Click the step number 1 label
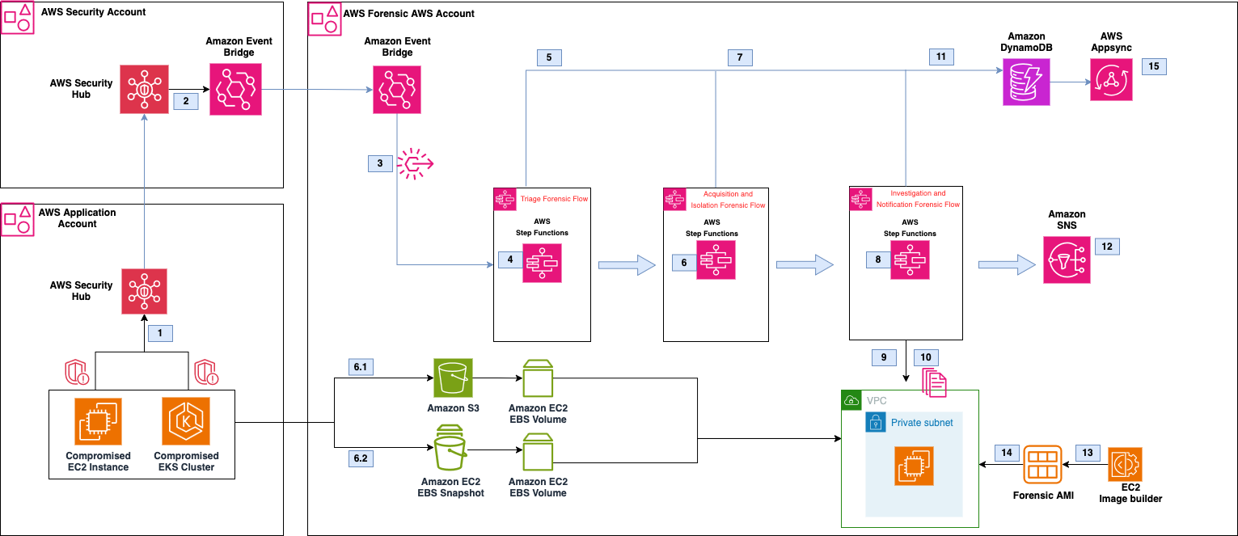click(x=160, y=332)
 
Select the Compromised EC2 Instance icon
click(x=98, y=421)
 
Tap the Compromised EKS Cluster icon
click(x=185, y=421)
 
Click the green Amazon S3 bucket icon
click(x=453, y=378)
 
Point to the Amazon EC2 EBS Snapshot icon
click(x=453, y=447)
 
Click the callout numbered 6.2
click(x=360, y=458)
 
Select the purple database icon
click(x=1026, y=82)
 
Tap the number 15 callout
click(x=1154, y=66)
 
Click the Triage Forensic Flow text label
click(x=554, y=199)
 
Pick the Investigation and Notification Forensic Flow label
click(x=918, y=200)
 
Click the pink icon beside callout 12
click(x=1067, y=260)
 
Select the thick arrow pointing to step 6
click(x=627, y=264)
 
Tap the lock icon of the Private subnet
click(x=875, y=423)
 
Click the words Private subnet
click(x=922, y=423)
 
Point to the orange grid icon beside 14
click(x=1042, y=464)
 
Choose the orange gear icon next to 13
click(x=1125, y=464)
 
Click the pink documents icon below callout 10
click(x=934, y=381)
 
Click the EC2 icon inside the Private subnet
click(x=914, y=466)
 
